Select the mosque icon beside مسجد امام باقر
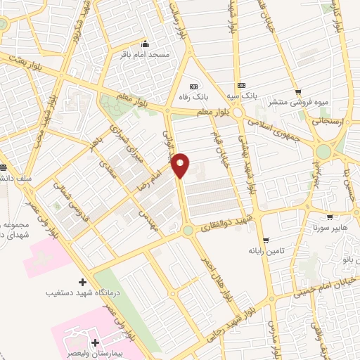tap(145, 42)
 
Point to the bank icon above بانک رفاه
tap(194, 86)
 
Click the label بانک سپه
tap(244, 94)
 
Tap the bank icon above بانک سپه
tap(243, 83)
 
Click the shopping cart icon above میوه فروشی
tap(298, 91)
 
